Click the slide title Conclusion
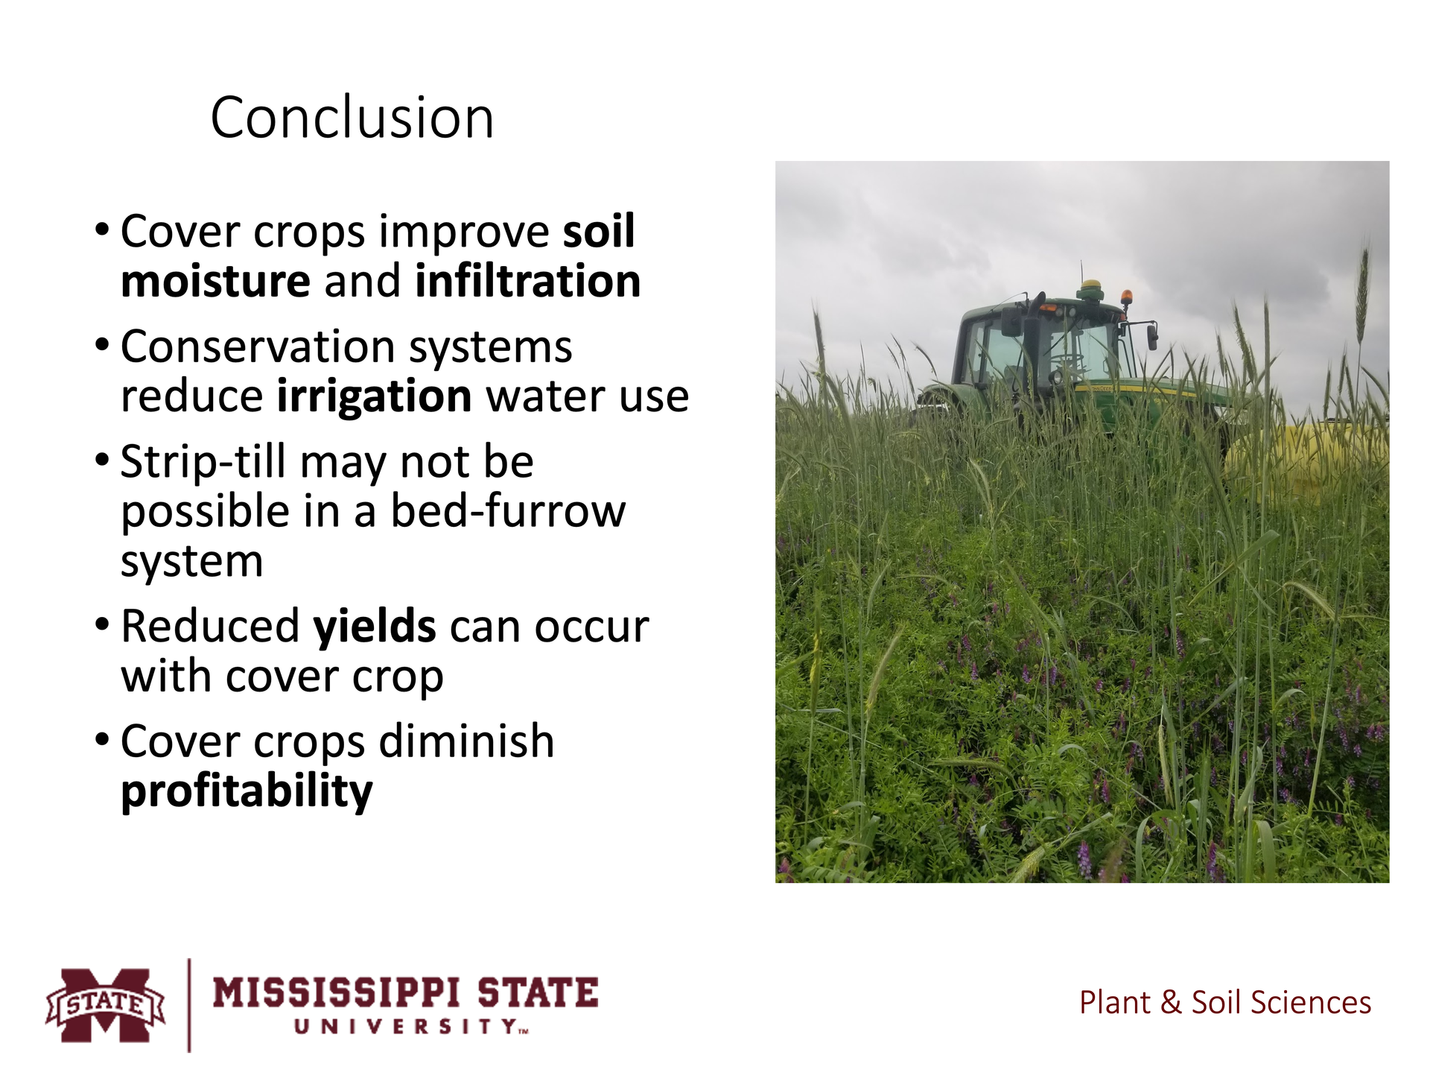[x=352, y=118]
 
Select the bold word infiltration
[x=528, y=281]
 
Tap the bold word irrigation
[x=374, y=397]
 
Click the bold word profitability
[x=247, y=791]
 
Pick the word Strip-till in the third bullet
[x=203, y=462]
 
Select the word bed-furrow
[x=508, y=511]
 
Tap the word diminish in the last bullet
[x=466, y=741]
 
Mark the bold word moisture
[x=215, y=282]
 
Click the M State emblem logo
[x=105, y=1004]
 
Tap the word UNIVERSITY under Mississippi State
[x=410, y=1027]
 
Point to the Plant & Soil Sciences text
[x=1225, y=1003]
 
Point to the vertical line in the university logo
[x=189, y=1005]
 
